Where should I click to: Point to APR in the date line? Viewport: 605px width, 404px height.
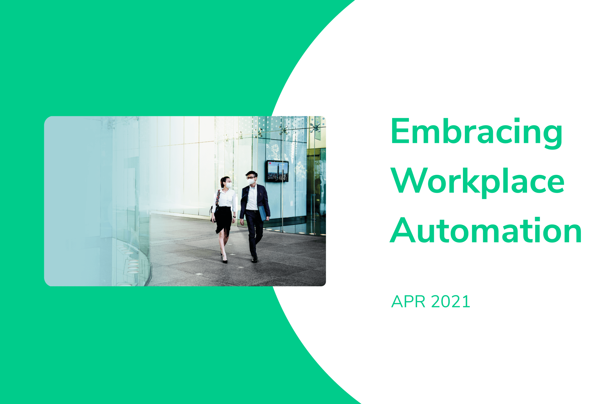pyautogui.click(x=408, y=302)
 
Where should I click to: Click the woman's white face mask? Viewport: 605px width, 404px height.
pyautogui.click(x=228, y=185)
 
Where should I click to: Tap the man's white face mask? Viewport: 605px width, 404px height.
pyautogui.click(x=251, y=181)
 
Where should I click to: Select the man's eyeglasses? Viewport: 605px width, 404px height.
pyautogui.click(x=250, y=178)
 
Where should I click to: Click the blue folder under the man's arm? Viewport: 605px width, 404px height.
pyautogui.click(x=262, y=213)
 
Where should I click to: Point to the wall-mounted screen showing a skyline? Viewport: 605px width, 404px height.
pyautogui.click(x=277, y=171)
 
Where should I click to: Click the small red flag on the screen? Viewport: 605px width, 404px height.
pyautogui.click(x=270, y=163)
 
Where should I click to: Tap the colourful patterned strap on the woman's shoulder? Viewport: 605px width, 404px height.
pyautogui.click(x=218, y=197)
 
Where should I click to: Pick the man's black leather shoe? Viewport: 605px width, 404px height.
pyautogui.click(x=254, y=259)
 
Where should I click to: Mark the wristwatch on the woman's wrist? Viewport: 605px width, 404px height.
pyautogui.click(x=234, y=217)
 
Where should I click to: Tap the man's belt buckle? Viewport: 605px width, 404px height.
pyautogui.click(x=252, y=211)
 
